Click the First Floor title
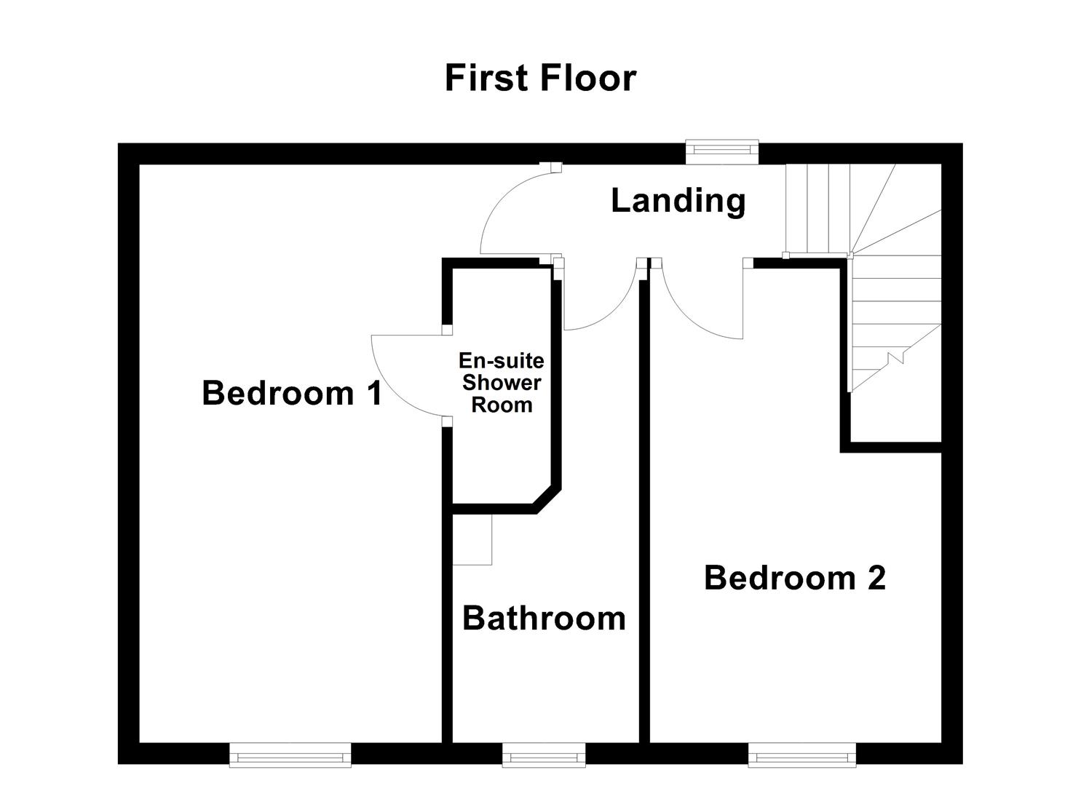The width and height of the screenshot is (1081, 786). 540,79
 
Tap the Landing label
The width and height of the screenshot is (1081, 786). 678,201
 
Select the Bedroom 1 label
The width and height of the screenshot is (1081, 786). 292,394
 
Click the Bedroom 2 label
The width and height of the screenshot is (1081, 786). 794,579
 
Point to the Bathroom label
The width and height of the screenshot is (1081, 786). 544,619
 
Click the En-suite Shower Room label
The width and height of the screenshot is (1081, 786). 502,383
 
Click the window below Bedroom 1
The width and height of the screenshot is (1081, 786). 290,755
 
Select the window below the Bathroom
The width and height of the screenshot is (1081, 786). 544,755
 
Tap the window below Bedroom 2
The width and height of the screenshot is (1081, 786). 801,755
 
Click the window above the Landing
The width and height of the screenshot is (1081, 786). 722,151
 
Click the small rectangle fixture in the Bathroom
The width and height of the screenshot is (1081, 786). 472,539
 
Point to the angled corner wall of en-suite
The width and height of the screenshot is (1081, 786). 547,499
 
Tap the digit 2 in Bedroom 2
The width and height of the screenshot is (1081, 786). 876,579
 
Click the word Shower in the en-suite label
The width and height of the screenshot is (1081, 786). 502,383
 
